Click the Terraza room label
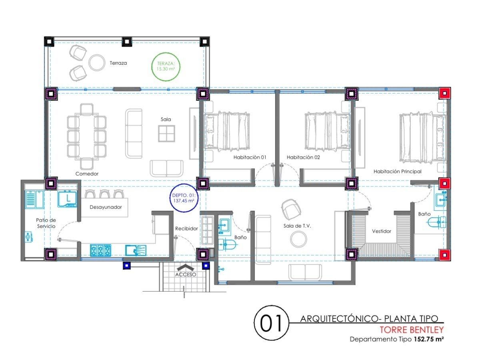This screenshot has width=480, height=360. pos(118,63)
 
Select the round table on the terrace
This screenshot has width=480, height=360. pos(97,62)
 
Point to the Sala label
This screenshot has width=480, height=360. pos(166,119)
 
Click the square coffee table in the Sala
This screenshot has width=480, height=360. pos(167,133)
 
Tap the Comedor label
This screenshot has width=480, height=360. pos(87,174)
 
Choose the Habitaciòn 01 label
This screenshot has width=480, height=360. pos(250,157)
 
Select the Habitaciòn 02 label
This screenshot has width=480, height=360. pos(303,157)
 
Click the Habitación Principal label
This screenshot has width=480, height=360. pos(397,171)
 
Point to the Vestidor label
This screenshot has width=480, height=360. pos(382,231)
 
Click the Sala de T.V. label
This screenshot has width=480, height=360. pos(297,226)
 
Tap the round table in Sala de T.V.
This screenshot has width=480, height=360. pos(298,239)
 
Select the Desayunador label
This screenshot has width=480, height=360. pos(106,207)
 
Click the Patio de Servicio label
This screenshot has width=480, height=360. pos(46,223)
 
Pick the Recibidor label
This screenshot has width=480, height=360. pos(186,228)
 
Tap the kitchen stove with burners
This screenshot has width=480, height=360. pos(100,250)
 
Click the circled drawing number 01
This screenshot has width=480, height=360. pos(271,323)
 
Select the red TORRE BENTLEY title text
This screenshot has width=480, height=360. pos(412,330)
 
